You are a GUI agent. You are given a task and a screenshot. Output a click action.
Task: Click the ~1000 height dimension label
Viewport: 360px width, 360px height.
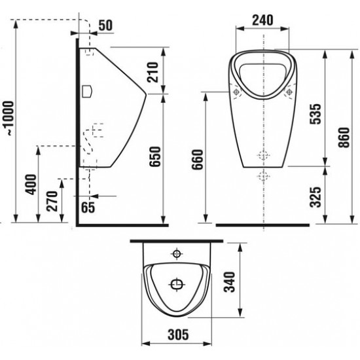coord(10,118)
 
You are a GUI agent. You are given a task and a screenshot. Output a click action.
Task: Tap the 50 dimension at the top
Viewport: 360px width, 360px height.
coord(105,26)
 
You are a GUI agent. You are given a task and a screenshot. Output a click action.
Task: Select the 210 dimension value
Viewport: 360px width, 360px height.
coord(153,72)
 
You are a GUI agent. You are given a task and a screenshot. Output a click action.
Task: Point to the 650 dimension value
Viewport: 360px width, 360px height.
coord(154,156)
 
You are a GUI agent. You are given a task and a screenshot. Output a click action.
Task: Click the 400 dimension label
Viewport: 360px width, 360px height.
coord(31,185)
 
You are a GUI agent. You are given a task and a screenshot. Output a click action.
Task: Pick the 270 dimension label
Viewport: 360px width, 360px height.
coord(52,201)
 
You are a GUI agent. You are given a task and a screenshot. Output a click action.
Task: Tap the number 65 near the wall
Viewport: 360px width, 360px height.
coord(88,207)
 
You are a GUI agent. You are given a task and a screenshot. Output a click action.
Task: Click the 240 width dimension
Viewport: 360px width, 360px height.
coord(262,20)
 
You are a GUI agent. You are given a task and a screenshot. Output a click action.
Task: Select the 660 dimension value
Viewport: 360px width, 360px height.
coord(198,159)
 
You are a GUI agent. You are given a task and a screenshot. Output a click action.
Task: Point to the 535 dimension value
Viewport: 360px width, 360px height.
coord(315,114)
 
